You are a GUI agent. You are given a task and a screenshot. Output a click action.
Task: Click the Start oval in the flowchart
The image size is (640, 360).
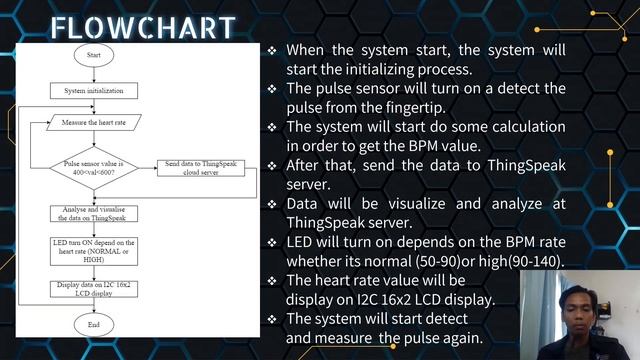click(93, 54)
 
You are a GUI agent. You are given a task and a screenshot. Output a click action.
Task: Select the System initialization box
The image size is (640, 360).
click(93, 90)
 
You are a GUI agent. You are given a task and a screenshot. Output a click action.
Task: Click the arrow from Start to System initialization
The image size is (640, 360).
click(93, 72)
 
